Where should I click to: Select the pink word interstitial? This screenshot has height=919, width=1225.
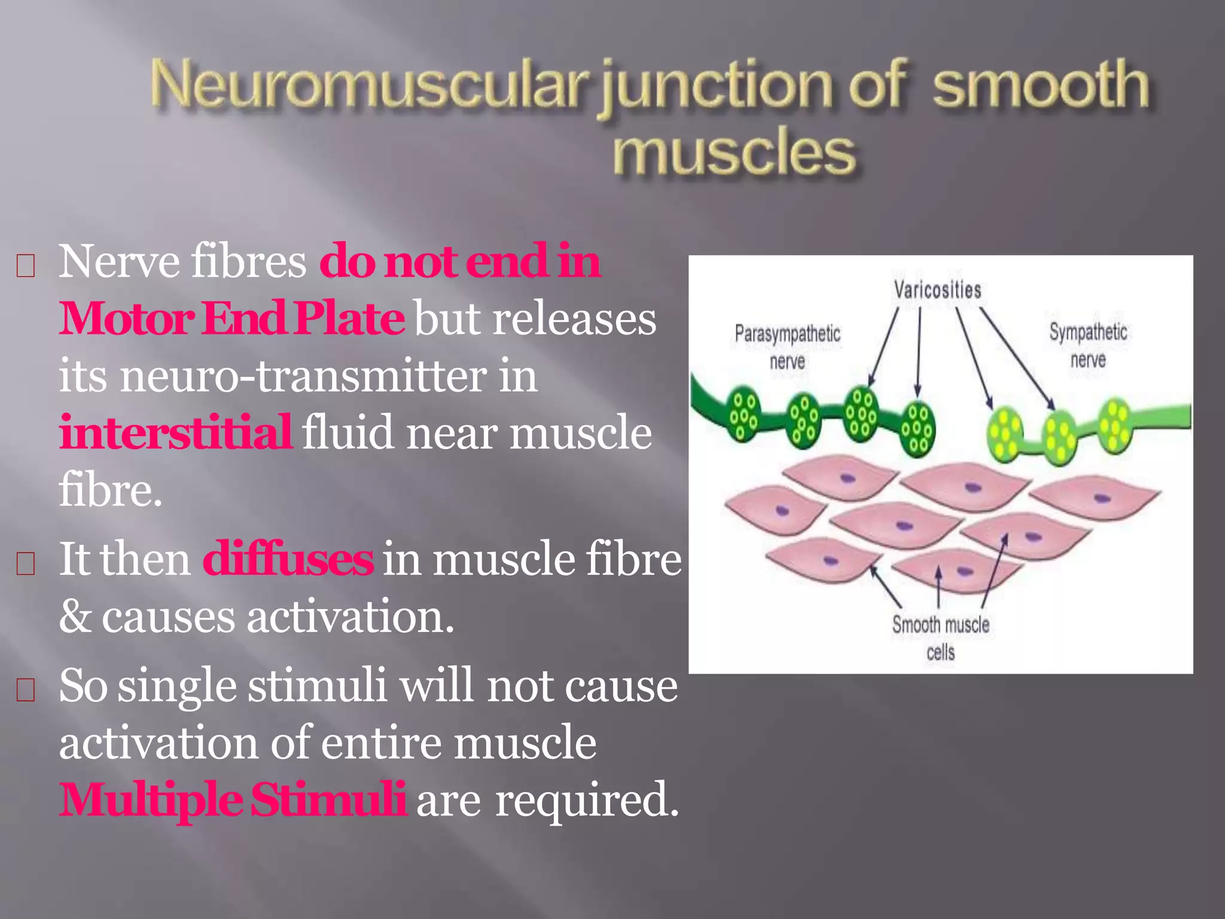click(x=175, y=432)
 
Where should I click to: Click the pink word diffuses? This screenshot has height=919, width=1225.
click(x=288, y=559)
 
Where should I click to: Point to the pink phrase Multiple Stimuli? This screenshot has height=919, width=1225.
click(x=233, y=799)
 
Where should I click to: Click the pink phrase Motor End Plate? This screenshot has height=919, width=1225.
click(x=231, y=318)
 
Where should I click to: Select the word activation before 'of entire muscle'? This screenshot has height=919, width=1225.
click(x=159, y=742)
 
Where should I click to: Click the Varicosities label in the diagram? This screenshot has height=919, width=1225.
click(x=937, y=290)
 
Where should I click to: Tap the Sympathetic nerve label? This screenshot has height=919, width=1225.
click(x=1088, y=345)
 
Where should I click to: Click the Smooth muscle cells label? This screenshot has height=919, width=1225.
click(x=940, y=638)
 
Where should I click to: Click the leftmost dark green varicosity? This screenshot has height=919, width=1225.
click(x=743, y=413)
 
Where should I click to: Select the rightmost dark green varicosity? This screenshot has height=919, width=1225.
click(x=917, y=430)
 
